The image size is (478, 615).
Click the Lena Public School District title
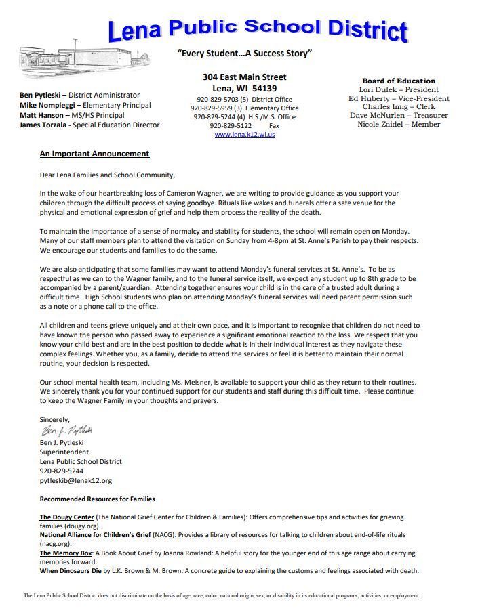(x=258, y=28)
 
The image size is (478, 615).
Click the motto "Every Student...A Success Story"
(x=244, y=54)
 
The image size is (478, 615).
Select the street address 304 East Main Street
(x=244, y=77)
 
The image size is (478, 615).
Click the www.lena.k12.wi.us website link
(x=245, y=135)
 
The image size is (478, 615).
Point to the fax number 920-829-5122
(x=231, y=126)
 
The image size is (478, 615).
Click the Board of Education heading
(x=399, y=81)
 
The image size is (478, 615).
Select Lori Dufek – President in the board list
(x=399, y=89)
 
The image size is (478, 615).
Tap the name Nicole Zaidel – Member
(x=399, y=125)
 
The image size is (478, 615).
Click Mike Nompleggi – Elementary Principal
(x=85, y=106)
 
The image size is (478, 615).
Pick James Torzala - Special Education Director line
(x=89, y=125)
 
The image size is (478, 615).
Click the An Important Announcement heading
(x=94, y=154)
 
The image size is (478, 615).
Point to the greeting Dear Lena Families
(x=102, y=175)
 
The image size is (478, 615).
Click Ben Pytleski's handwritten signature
(x=66, y=431)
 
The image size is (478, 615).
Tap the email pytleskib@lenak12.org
(x=76, y=480)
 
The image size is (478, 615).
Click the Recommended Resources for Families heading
(x=97, y=499)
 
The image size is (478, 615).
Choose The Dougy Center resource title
(x=66, y=517)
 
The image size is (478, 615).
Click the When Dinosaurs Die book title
(x=71, y=571)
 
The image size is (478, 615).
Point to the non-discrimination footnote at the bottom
(x=222, y=596)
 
